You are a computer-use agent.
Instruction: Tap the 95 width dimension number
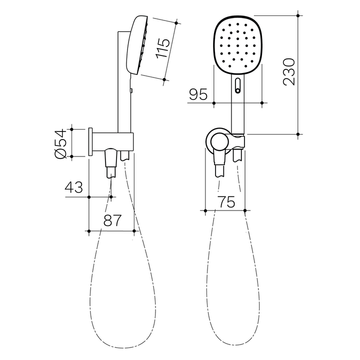pos(198,94)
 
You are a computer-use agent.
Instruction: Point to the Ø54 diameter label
pos(59,143)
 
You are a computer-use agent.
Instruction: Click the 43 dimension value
pos(73,188)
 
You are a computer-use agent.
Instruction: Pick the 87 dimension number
pos(112,220)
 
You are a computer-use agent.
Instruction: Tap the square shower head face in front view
pos(238,45)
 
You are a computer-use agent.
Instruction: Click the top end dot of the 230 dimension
pos(298,15)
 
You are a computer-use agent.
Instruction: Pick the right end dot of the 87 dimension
pos(134,231)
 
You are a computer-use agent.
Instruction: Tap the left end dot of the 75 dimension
pos(205,211)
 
